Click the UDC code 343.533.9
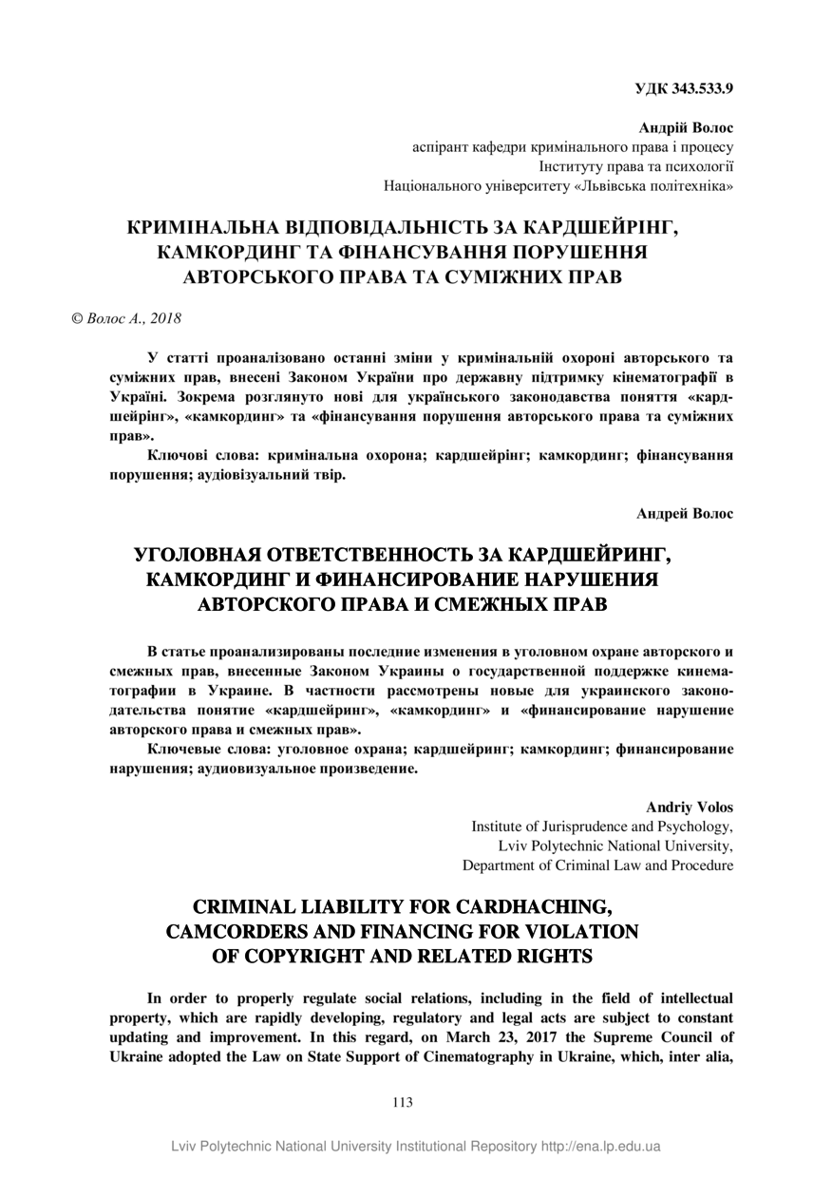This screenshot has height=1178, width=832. [x=704, y=90]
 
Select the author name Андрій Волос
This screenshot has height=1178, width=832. [x=686, y=127]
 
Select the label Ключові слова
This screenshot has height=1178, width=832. [x=199, y=455]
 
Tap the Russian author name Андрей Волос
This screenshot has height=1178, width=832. [x=685, y=513]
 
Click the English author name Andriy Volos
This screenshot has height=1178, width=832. [x=690, y=807]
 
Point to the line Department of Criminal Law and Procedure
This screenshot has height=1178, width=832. [x=597, y=865]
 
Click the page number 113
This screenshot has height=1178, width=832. [x=402, y=1103]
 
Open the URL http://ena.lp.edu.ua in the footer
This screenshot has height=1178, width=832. [x=600, y=1147]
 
